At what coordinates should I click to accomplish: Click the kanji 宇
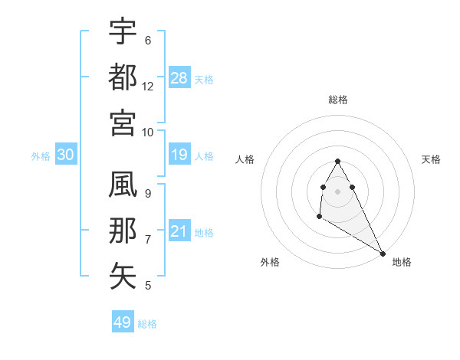[123, 31]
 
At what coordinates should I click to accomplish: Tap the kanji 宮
[123, 122]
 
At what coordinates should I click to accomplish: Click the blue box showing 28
[180, 77]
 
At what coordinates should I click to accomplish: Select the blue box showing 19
[179, 155]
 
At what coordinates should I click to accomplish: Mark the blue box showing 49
[123, 322]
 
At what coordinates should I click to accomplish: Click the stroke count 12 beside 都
[148, 86]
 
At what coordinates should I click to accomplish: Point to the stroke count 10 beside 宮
[148, 132]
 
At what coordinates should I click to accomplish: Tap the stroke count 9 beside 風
[148, 194]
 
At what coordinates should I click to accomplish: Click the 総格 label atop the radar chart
[338, 100]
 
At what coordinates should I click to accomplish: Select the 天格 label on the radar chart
[432, 159]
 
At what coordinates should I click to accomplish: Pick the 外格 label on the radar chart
[270, 262]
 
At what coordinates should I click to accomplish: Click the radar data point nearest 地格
[383, 254]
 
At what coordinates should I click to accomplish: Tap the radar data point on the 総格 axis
[338, 161]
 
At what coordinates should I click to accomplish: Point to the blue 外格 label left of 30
[41, 156]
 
